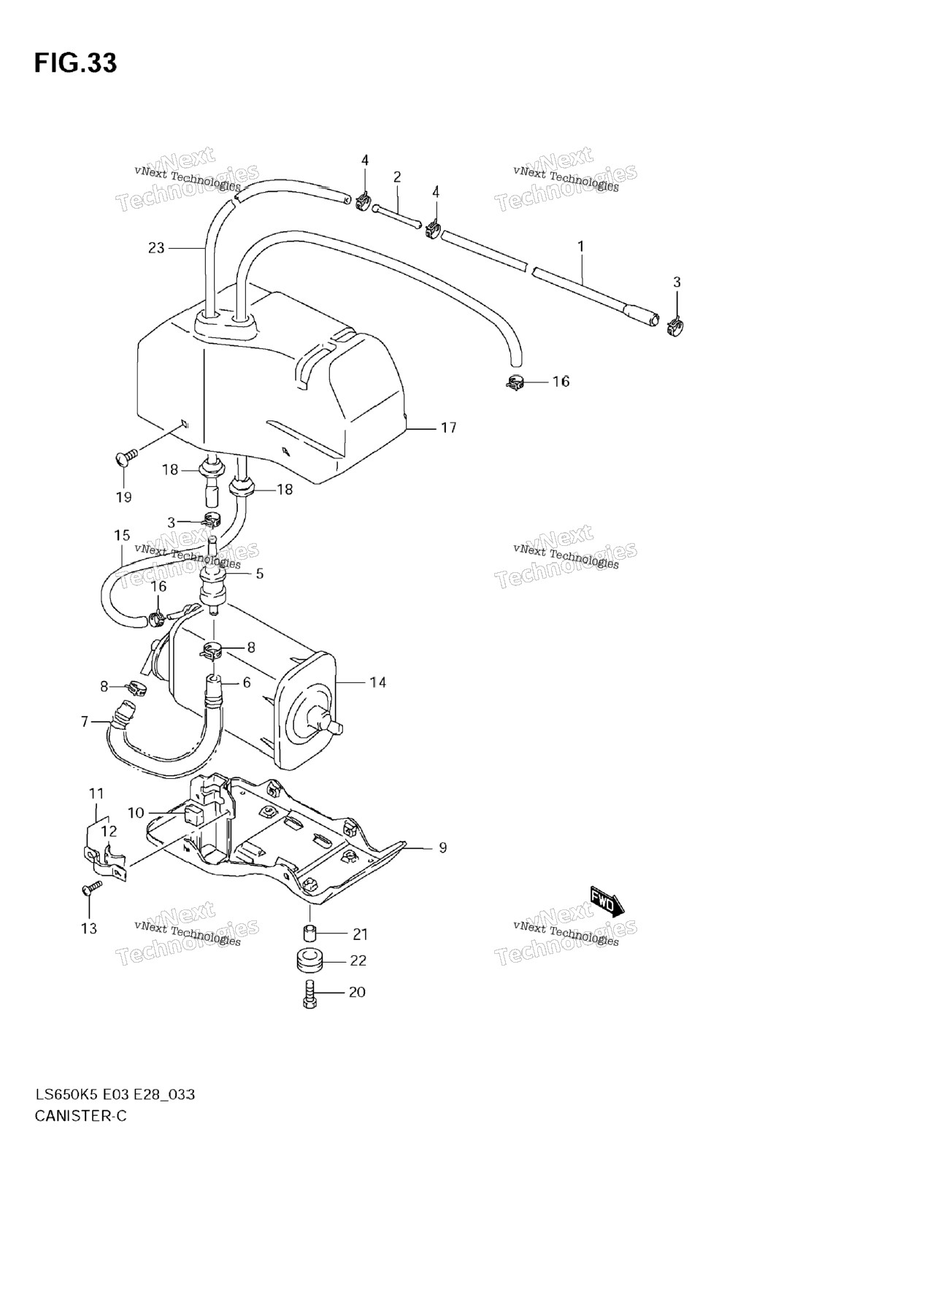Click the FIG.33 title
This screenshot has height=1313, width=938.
(x=75, y=63)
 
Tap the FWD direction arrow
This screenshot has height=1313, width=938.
(x=607, y=901)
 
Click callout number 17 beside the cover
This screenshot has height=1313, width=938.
(x=448, y=428)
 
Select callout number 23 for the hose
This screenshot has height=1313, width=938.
(x=156, y=248)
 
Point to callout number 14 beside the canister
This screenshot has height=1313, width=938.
(x=377, y=682)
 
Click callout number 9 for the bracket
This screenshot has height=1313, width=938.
(x=442, y=847)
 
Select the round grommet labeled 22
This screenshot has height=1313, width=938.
(x=310, y=960)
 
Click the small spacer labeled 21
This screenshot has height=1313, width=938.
(x=310, y=933)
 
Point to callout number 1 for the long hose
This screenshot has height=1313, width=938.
(x=581, y=247)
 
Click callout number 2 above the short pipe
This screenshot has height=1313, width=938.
(x=397, y=177)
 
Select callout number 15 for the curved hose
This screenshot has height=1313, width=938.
(x=122, y=535)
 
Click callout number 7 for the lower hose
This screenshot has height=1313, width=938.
(x=85, y=722)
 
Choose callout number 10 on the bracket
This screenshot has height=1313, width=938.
(x=136, y=813)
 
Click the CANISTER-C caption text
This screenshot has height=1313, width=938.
(x=80, y=1116)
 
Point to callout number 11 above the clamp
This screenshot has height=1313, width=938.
(x=96, y=793)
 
